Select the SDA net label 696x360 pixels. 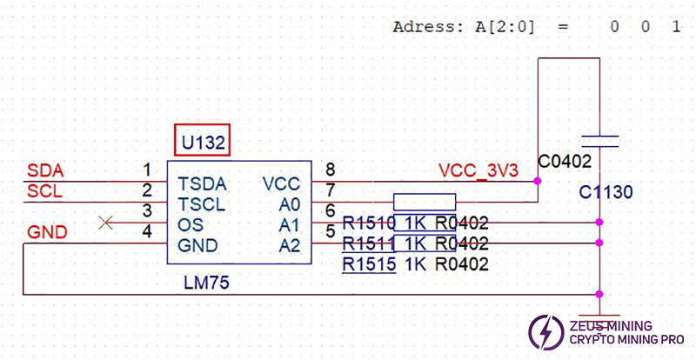coord(45,170)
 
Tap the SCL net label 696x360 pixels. coord(45,191)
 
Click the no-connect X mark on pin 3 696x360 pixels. coord(107,223)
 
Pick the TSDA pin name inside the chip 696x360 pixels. coord(202,184)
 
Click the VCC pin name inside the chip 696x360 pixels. coord(281,184)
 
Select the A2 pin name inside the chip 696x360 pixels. coord(290,246)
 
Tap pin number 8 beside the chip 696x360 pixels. coord(329,170)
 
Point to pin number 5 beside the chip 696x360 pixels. coord(329,231)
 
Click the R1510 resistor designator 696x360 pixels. coord(369,223)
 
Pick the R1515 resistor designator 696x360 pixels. coord(369,264)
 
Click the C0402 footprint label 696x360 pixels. coord(565,162)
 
